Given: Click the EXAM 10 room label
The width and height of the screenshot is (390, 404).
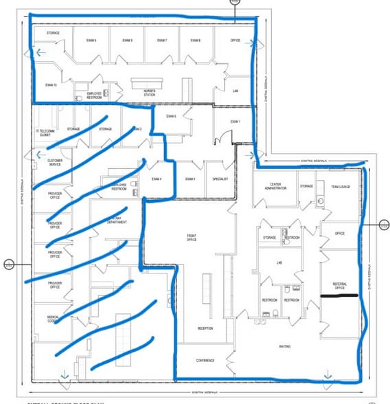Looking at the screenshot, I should (51, 85).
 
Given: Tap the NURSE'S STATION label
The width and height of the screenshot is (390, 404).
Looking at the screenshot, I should (150, 92).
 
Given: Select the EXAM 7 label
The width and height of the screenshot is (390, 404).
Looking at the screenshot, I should (162, 40).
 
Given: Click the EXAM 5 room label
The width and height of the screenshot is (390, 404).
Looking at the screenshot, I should (171, 116).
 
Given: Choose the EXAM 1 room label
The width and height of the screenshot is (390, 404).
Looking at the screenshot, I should (234, 122).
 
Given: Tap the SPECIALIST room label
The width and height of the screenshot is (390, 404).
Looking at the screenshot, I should (220, 179).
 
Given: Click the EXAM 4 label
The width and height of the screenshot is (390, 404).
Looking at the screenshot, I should (157, 179).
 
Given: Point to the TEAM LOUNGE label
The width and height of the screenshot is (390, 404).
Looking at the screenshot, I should (341, 186).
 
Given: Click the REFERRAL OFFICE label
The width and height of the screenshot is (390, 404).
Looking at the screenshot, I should (339, 285).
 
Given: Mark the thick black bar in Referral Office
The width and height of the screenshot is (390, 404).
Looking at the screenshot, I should (340, 296).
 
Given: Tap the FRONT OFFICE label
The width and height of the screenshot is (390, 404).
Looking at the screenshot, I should (192, 237).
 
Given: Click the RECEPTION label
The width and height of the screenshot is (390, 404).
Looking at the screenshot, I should (205, 328).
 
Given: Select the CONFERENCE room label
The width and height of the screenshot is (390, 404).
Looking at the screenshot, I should (205, 360).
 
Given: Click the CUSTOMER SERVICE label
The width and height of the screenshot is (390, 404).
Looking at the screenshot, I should (56, 163).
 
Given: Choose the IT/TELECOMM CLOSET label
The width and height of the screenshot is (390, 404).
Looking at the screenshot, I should (45, 132).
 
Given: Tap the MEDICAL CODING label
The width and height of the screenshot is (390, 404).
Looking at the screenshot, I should (55, 319).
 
